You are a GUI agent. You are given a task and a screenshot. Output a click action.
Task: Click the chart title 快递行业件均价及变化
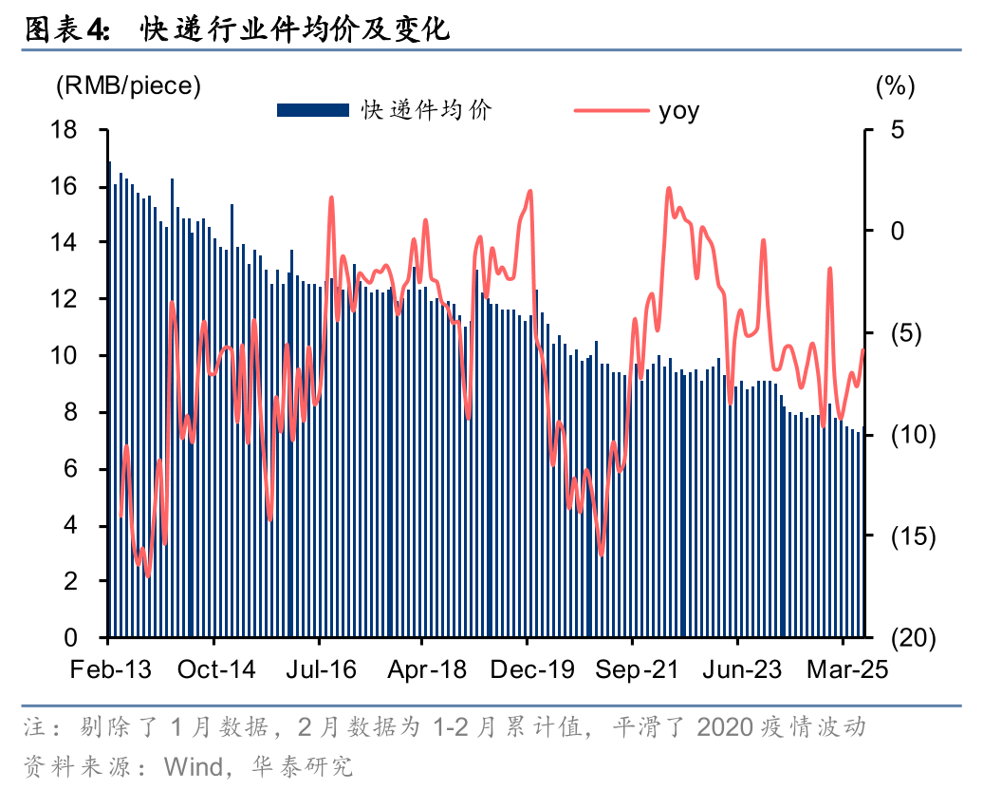coord(294,31)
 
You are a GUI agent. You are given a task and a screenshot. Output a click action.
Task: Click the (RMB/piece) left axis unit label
coord(128,85)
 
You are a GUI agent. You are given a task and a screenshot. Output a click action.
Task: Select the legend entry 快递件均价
coord(426,110)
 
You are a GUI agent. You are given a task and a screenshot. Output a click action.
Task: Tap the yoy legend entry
coord(678,110)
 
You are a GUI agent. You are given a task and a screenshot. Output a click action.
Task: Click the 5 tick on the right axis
coord(898,130)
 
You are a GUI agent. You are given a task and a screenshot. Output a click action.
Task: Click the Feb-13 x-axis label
coord(110,669)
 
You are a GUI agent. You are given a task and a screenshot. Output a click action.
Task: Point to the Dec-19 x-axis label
coord(532,669)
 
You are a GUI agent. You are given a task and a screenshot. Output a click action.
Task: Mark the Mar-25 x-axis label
coord(847,669)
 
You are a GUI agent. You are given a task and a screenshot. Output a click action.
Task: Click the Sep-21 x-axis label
coord(638,669)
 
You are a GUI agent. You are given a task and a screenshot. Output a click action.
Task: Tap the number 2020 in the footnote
coord(728,729)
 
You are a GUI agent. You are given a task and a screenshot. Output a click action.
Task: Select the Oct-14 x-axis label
coord(217,669)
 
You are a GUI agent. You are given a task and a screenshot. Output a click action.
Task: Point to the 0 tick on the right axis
coord(898,232)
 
